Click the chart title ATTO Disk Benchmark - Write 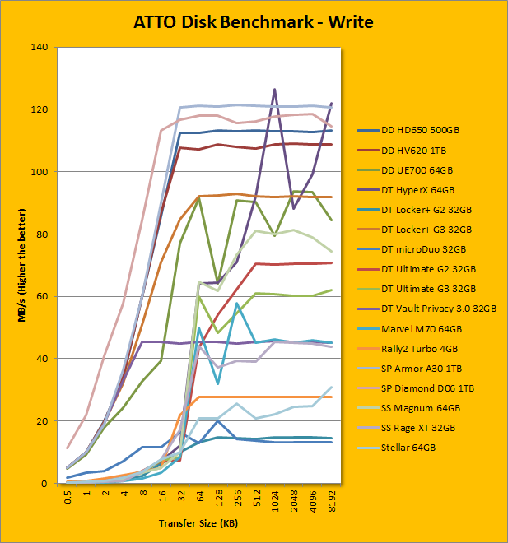[254, 21]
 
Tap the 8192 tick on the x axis [332, 500]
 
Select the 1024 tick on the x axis [275, 500]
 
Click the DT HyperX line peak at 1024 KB [274, 89]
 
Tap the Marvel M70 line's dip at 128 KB [217, 383]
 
